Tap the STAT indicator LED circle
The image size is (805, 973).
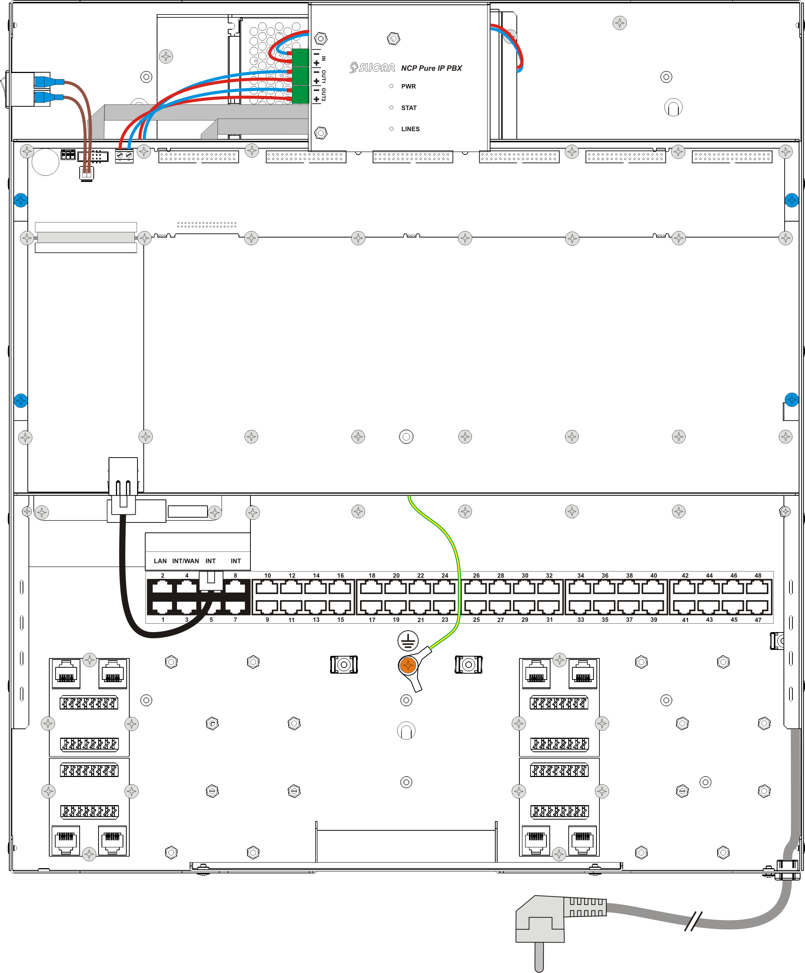click(391, 107)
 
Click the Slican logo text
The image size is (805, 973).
click(372, 68)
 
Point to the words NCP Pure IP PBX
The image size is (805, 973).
click(432, 68)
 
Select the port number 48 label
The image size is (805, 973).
click(758, 575)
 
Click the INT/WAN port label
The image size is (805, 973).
click(185, 561)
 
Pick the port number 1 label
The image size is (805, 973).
click(163, 620)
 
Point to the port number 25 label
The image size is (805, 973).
click(476, 620)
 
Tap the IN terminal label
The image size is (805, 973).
click(324, 59)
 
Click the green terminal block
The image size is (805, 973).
click(300, 76)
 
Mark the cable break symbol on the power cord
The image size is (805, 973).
click(693, 921)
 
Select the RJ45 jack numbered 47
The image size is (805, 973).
click(757, 606)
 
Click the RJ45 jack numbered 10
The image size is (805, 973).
click(267, 588)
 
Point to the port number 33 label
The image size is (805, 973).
click(581, 620)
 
